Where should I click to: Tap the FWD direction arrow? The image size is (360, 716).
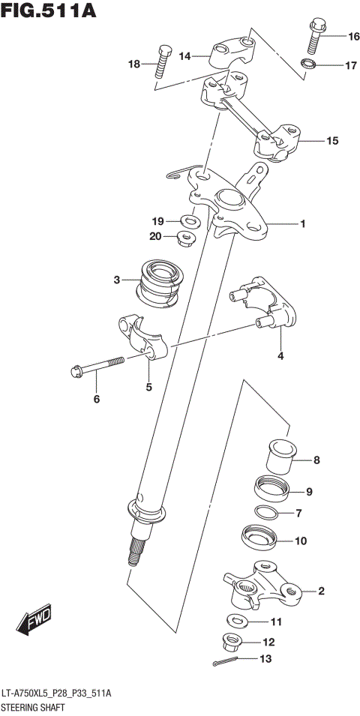coord(34,620)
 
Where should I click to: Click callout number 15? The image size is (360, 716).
coord(332,140)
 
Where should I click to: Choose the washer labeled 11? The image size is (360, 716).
coord(238,621)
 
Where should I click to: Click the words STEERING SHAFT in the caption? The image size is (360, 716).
coord(32,707)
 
